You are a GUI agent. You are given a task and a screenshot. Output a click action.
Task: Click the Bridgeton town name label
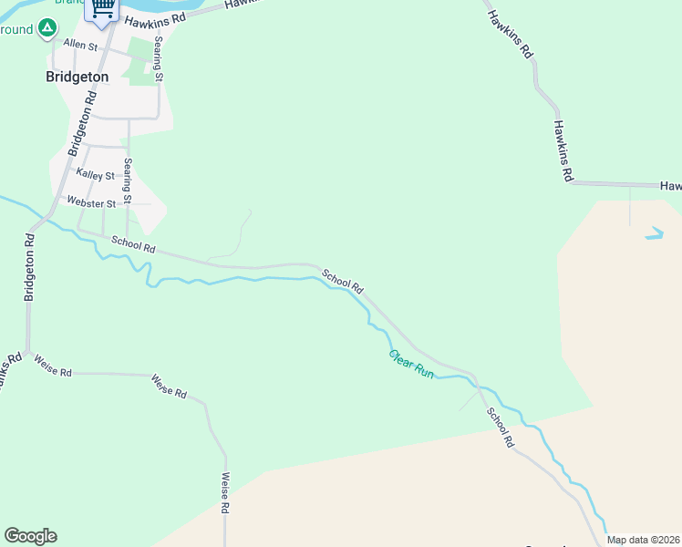77,77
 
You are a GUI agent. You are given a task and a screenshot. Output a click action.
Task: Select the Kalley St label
96,174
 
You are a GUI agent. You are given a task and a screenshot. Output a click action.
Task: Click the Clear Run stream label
411,365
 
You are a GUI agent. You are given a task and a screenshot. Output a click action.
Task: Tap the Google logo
30,536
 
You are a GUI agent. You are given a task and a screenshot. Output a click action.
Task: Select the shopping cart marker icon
103,8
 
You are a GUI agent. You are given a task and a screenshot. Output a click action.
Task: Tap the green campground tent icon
46,29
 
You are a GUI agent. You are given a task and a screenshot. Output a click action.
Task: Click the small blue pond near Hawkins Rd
655,233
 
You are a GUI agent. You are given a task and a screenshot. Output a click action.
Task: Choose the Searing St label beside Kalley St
129,181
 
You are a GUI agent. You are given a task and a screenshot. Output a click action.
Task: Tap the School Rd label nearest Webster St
133,245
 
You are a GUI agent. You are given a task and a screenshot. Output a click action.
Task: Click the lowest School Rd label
500,427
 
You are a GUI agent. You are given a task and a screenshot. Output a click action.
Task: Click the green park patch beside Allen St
140,62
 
